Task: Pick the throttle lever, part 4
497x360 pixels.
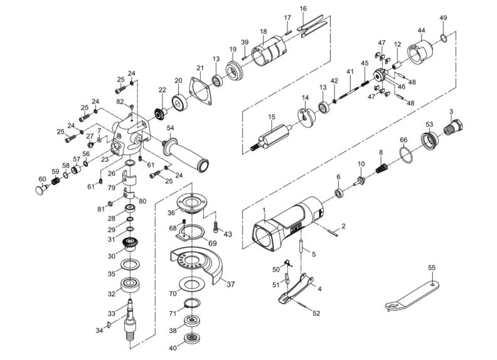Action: [x=295, y=289]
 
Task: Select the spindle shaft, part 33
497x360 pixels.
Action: [x=131, y=317]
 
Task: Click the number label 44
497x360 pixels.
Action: [x=421, y=31]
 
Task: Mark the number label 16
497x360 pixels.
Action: [x=303, y=9]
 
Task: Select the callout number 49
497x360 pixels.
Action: [x=443, y=18]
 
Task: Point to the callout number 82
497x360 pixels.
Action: [x=119, y=101]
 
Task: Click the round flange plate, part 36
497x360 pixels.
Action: [x=190, y=204]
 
